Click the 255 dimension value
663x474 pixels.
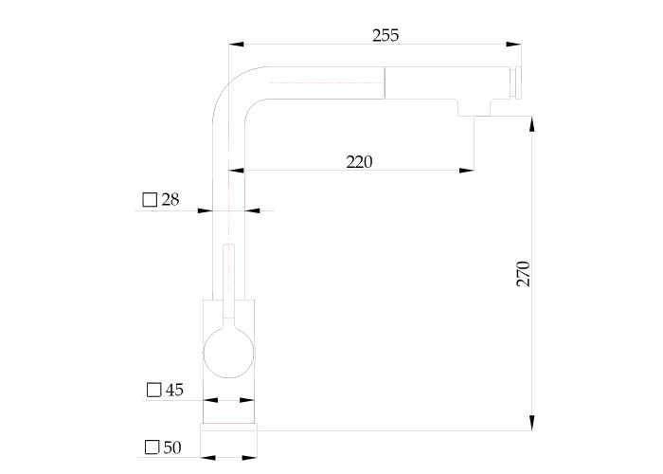pos(385,36)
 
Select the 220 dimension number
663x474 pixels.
pos(359,162)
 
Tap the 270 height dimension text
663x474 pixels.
pos(523,274)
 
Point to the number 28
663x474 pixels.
pos(170,199)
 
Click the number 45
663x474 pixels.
pos(174,390)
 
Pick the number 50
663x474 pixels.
pos(172,447)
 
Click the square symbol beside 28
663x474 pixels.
pos(150,200)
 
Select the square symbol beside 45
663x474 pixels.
pos(153,390)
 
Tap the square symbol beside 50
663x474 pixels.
pos(152,447)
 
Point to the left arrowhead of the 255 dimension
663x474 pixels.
pos(237,44)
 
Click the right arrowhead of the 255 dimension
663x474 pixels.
pos(513,44)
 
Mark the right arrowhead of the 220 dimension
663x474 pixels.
pos(466,171)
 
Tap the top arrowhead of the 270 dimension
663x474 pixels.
pos(532,124)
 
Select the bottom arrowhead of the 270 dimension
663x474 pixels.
pos(532,423)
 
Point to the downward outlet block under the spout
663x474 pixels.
pos(474,107)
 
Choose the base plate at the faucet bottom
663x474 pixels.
pos(228,428)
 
